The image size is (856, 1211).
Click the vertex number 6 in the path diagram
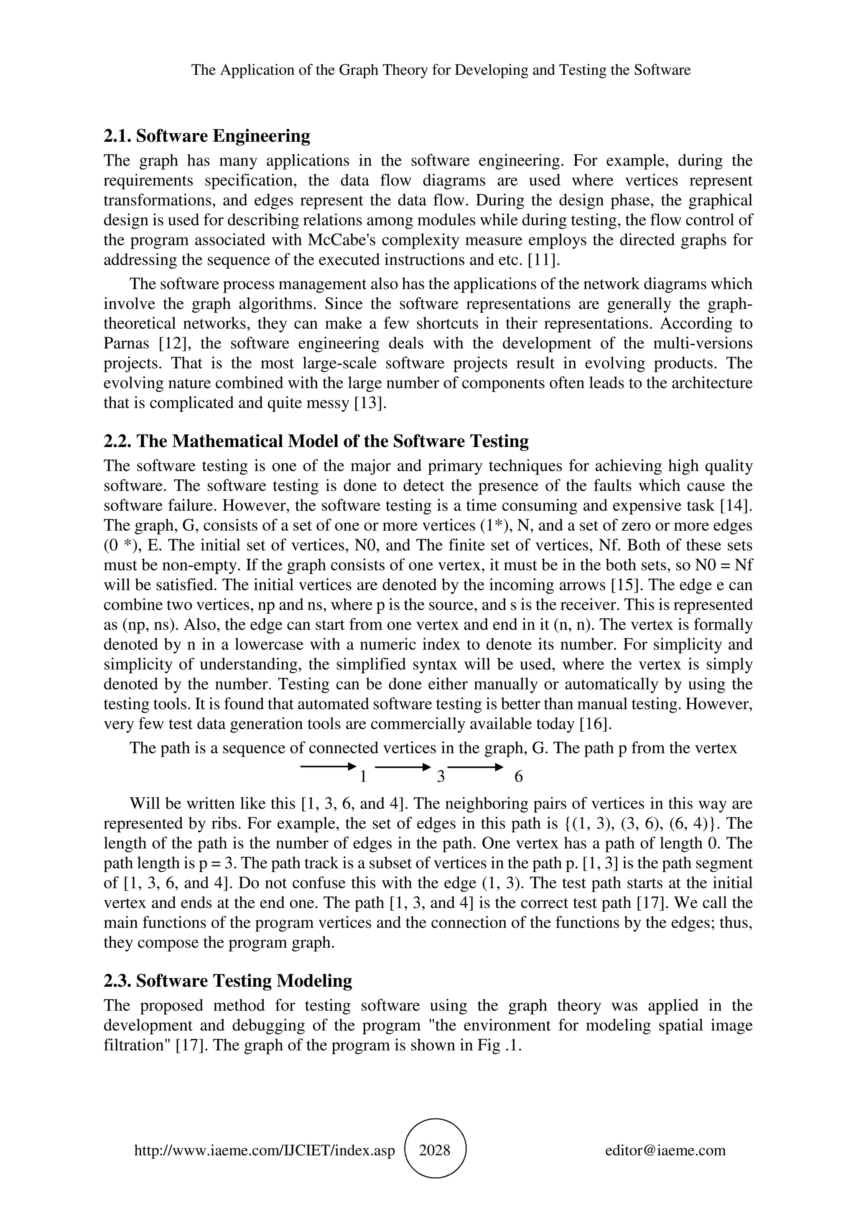(518, 777)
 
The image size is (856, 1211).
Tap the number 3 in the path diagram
(441, 777)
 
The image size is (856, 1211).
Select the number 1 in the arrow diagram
(363, 777)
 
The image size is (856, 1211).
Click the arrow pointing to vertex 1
(326, 766)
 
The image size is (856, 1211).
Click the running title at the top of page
(441, 70)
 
